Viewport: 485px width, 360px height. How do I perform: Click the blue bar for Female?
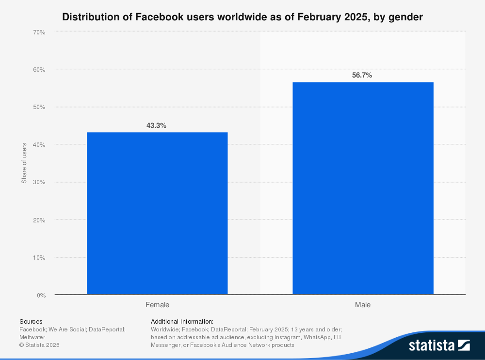(157, 213)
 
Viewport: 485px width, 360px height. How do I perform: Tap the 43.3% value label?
(156, 125)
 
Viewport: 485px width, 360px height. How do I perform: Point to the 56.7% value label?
(362, 75)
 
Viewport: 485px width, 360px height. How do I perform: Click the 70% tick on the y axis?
(39, 32)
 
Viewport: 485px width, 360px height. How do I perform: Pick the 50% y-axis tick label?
(39, 107)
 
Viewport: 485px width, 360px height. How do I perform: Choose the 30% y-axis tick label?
(39, 182)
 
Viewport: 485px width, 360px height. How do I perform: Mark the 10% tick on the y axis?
(39, 257)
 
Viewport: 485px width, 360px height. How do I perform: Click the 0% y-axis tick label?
(41, 295)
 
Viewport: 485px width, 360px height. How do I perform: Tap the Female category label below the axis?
(157, 305)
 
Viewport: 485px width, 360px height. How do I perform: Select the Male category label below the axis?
(363, 305)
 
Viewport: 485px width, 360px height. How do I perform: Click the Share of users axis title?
(24, 163)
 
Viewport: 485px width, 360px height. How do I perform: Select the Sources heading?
(31, 321)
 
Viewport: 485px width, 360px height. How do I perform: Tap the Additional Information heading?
(182, 321)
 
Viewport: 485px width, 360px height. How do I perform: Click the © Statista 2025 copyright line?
(39, 345)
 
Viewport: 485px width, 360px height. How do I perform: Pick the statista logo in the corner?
(439, 345)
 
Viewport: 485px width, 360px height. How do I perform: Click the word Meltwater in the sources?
(32, 337)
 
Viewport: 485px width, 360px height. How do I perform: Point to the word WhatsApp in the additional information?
(316, 337)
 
